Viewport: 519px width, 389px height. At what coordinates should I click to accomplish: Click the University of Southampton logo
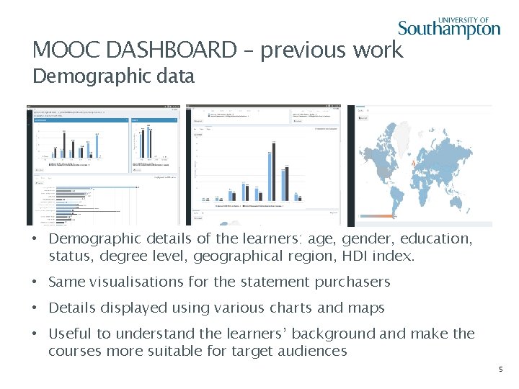pyautogui.click(x=449, y=27)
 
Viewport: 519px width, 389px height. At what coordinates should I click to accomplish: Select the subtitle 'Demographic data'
pyautogui.click(x=113, y=76)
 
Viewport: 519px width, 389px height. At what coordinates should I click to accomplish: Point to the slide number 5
pyautogui.click(x=501, y=370)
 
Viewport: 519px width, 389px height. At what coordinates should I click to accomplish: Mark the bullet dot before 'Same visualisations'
pyautogui.click(x=35, y=282)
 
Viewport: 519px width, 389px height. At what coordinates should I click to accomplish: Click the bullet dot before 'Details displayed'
pyautogui.click(x=35, y=308)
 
